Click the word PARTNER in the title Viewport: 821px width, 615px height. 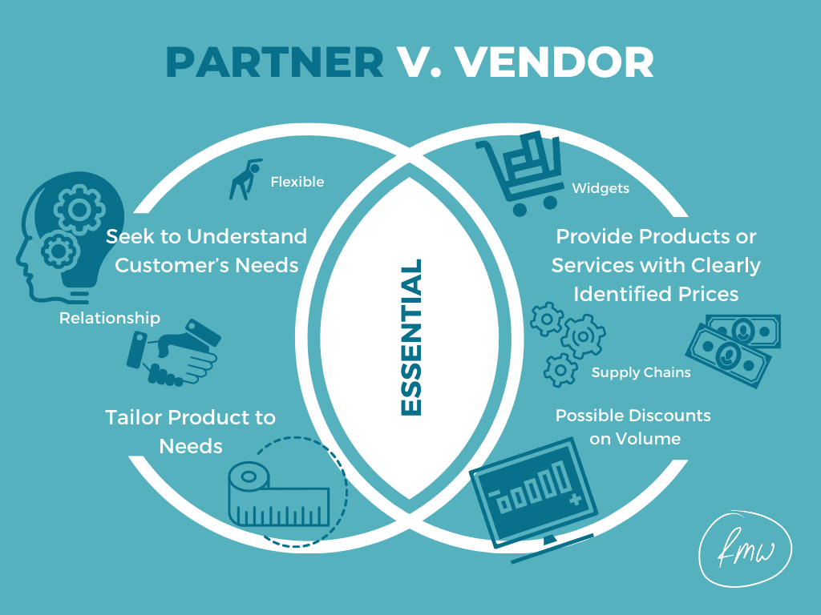click(274, 62)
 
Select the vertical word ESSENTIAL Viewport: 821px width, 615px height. click(410, 337)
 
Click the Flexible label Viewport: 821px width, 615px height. click(297, 182)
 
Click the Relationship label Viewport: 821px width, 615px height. click(110, 318)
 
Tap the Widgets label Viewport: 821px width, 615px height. click(601, 189)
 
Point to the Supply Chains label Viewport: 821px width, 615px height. click(641, 372)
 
